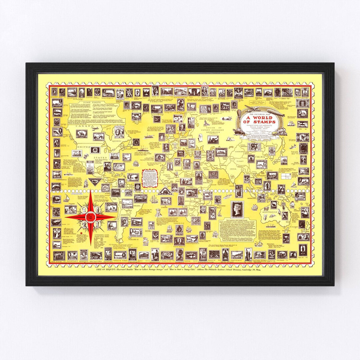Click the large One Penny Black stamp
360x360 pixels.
[237, 209]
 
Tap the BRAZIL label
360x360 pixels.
[128, 207]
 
